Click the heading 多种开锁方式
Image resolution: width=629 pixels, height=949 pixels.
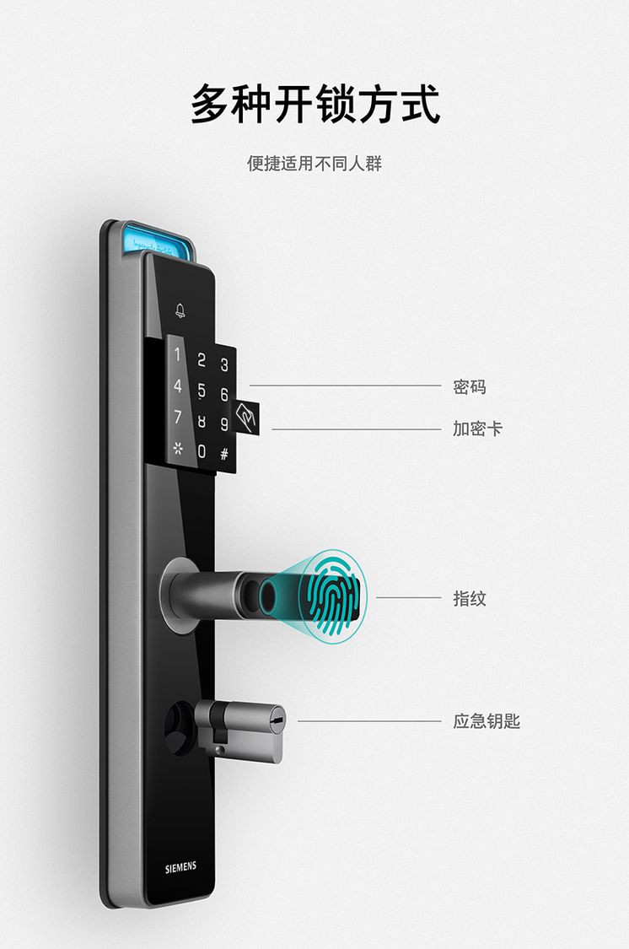[x=315, y=104]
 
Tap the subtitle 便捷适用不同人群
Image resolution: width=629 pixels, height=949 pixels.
[x=314, y=164]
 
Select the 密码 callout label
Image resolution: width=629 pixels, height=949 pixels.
[x=470, y=386]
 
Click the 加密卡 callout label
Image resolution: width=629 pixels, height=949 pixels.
[x=478, y=429]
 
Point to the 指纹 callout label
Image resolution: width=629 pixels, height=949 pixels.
[x=470, y=599]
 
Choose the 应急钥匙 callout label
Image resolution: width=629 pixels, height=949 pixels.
[x=487, y=721]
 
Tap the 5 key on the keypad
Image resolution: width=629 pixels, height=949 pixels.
[x=202, y=391]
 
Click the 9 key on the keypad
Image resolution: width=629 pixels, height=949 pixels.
[x=223, y=424]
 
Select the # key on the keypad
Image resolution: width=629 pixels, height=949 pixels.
[x=223, y=453]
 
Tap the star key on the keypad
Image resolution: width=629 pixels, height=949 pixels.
[x=178, y=449]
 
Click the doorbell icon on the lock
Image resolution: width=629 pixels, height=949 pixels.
[x=180, y=310]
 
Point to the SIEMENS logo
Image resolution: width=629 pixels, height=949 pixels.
[x=180, y=867]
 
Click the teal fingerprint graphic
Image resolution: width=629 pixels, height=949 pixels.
[x=332, y=596]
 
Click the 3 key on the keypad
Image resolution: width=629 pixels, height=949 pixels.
[x=223, y=364]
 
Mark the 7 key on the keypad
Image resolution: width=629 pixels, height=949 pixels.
[x=178, y=417]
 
